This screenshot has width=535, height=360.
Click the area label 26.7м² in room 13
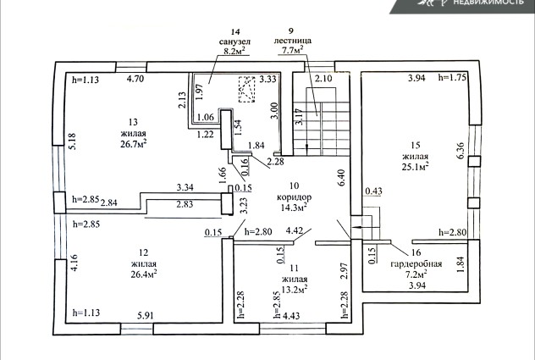tap(134, 144)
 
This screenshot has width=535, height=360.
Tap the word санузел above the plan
tap(234, 42)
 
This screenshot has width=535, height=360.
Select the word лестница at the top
tap(293, 41)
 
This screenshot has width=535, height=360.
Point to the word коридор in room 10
tap(294, 197)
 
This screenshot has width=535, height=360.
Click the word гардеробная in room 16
tap(416, 264)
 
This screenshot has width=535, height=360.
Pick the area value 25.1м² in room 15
tap(416, 167)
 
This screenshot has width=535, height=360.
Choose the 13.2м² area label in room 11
tap(295, 290)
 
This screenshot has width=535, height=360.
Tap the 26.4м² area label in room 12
tap(144, 274)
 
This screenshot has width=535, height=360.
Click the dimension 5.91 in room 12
tap(146, 315)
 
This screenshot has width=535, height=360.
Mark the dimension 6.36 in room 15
tap(461, 152)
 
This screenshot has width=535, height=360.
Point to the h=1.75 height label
tap(452, 77)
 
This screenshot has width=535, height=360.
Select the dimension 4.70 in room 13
tap(135, 79)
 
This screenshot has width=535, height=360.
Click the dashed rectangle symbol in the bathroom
tap(246, 90)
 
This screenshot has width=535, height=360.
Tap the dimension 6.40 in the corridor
tap(341, 178)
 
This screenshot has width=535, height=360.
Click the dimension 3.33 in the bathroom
tap(267, 80)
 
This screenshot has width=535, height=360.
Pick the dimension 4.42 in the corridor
tap(295, 231)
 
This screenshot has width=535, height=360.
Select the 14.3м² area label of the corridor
tap(294, 208)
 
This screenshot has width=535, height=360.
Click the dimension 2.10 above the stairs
tap(323, 79)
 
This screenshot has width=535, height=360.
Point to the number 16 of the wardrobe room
tap(416, 252)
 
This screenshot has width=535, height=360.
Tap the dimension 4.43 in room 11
tap(291, 315)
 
